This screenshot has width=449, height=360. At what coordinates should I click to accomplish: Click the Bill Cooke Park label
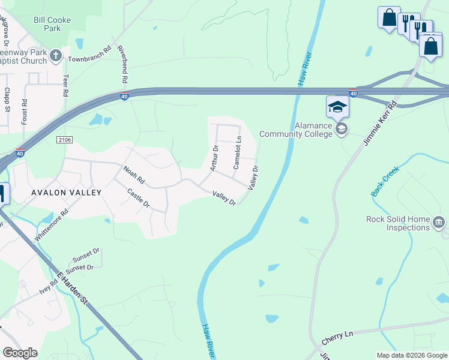(x=52, y=24)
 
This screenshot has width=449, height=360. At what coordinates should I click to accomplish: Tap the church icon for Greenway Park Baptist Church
(x=56, y=56)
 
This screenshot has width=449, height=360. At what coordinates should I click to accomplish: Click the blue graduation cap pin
(x=337, y=107)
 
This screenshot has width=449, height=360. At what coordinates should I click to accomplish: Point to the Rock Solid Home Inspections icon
(x=438, y=223)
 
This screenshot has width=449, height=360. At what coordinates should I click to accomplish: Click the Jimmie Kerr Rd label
(x=380, y=124)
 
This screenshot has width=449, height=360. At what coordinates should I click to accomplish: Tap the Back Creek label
(x=385, y=182)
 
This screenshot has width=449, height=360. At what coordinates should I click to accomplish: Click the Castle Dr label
(x=139, y=198)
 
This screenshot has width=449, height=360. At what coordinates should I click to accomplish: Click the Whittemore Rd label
(x=52, y=225)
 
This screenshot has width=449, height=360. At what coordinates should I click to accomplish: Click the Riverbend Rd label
(x=122, y=64)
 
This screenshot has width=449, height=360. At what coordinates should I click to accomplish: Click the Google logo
(x=20, y=353)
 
